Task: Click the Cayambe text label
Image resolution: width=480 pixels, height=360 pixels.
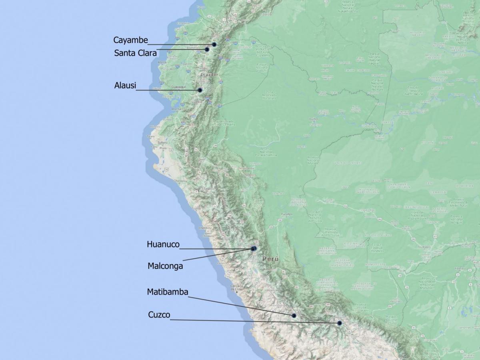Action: pyautogui.click(x=130, y=40)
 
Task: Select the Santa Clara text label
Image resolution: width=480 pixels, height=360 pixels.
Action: pyautogui.click(x=135, y=53)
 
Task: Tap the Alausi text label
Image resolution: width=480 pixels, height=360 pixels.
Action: pyautogui.click(x=125, y=85)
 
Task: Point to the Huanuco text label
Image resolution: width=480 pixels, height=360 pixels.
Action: pyautogui.click(x=163, y=244)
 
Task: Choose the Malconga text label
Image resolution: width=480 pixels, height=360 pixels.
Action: pyautogui.click(x=165, y=266)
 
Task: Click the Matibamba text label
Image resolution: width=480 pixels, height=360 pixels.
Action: pyautogui.click(x=168, y=292)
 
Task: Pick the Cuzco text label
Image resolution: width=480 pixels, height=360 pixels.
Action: pyautogui.click(x=159, y=315)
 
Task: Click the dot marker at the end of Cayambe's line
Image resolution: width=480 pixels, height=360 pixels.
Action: pyautogui.click(x=214, y=44)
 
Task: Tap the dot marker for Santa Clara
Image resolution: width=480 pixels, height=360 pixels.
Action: pyautogui.click(x=207, y=50)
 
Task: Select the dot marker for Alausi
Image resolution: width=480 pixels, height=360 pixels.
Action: pyautogui.click(x=200, y=90)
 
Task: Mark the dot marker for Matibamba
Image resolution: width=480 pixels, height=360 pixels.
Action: pyautogui.click(x=294, y=316)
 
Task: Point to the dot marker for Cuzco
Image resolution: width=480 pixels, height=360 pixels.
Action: pyautogui.click(x=340, y=323)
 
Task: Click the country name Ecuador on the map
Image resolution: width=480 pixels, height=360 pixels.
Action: pyautogui.click(x=209, y=75)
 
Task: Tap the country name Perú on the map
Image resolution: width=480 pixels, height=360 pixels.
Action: pyautogui.click(x=270, y=259)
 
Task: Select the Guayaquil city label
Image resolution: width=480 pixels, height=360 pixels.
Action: pyautogui.click(x=179, y=87)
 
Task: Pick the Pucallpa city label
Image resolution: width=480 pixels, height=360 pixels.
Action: pyautogui.click(x=286, y=214)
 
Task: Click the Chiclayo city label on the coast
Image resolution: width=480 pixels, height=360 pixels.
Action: pyautogui.click(x=180, y=181)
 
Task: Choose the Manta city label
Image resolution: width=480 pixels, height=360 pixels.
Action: pyautogui.click(x=162, y=62)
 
